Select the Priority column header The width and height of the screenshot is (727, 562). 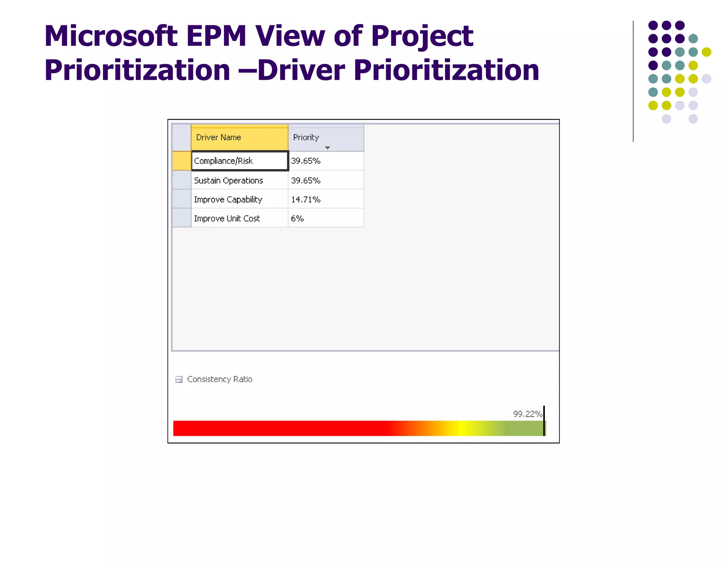click(x=306, y=137)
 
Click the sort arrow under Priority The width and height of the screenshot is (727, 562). click(x=327, y=148)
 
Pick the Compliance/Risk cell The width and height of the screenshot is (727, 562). click(x=239, y=161)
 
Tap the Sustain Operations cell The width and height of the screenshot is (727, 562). click(x=239, y=180)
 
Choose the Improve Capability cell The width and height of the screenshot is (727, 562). click(x=239, y=200)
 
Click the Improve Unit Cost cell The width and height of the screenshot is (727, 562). click(x=239, y=218)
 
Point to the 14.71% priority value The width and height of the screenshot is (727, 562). click(x=306, y=200)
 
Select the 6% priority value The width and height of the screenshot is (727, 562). click(x=297, y=218)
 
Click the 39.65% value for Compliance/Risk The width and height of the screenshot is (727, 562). click(x=306, y=161)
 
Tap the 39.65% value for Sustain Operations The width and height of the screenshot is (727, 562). click(x=306, y=180)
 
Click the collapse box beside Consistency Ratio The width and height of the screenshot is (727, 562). click(x=179, y=379)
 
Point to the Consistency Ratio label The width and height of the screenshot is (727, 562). click(x=220, y=379)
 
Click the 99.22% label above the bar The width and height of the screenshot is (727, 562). click(x=528, y=414)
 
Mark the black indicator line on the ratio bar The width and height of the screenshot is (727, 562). click(x=544, y=421)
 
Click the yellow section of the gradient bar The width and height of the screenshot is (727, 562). click(x=460, y=428)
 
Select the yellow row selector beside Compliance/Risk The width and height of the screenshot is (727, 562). click(x=181, y=161)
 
